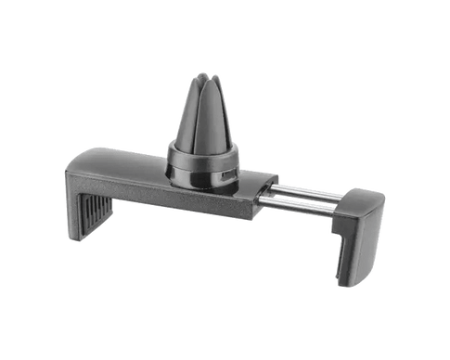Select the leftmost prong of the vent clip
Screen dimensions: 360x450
click(186, 116)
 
